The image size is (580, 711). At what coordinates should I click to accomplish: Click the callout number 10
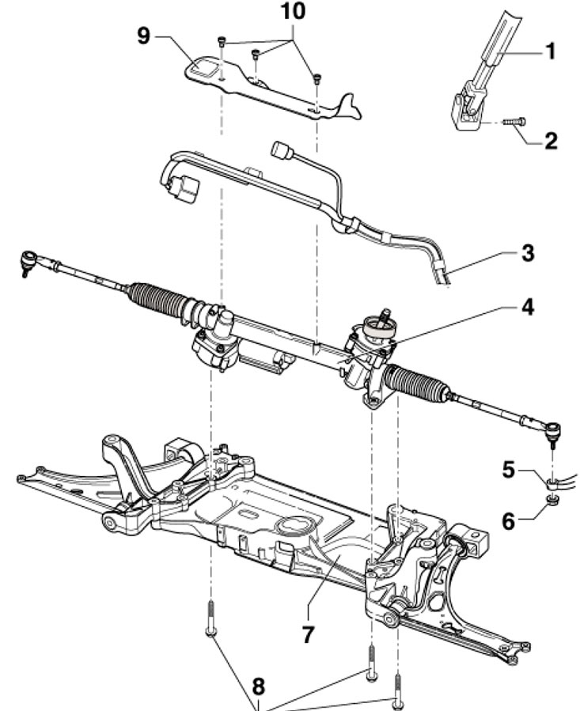click(x=293, y=11)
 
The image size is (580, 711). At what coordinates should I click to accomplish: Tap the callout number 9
click(x=143, y=36)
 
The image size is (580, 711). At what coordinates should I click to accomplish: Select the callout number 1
click(x=550, y=51)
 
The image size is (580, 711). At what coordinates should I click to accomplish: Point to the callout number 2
click(x=551, y=141)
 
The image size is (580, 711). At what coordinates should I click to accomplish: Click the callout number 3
click(x=528, y=253)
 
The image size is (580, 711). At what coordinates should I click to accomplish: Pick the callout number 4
click(x=527, y=308)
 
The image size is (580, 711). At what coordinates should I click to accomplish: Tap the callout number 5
click(x=509, y=470)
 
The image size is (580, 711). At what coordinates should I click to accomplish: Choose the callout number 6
click(x=509, y=521)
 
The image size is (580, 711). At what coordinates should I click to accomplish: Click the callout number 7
click(x=308, y=634)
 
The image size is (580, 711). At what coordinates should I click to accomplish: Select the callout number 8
click(x=258, y=686)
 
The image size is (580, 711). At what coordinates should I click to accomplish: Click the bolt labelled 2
click(x=514, y=122)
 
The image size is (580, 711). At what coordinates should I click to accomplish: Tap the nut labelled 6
click(x=551, y=500)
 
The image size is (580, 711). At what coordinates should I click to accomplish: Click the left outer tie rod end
click(x=29, y=260)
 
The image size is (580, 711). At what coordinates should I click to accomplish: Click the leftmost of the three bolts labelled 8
click(x=210, y=618)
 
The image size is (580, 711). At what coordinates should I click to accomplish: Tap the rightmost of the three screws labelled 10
click(x=317, y=79)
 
